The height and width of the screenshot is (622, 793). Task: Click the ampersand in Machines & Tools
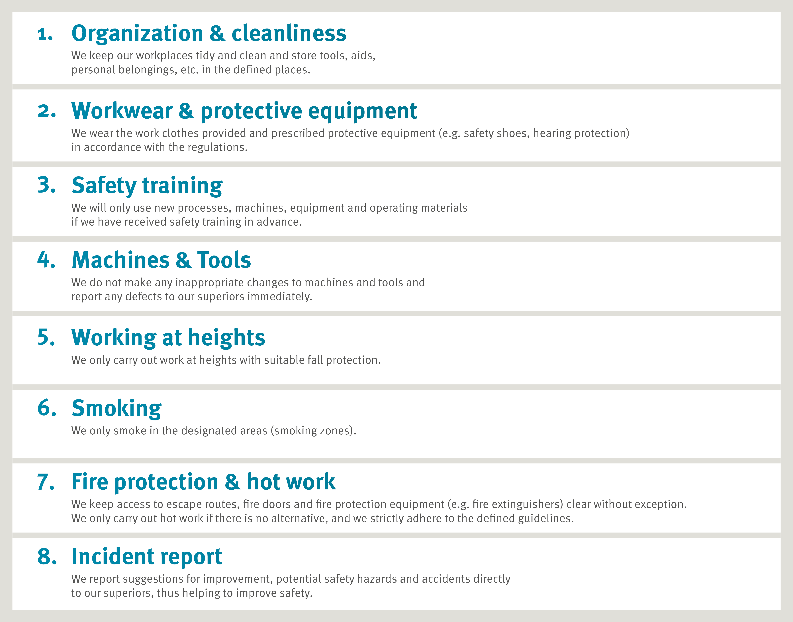pos(183,260)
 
